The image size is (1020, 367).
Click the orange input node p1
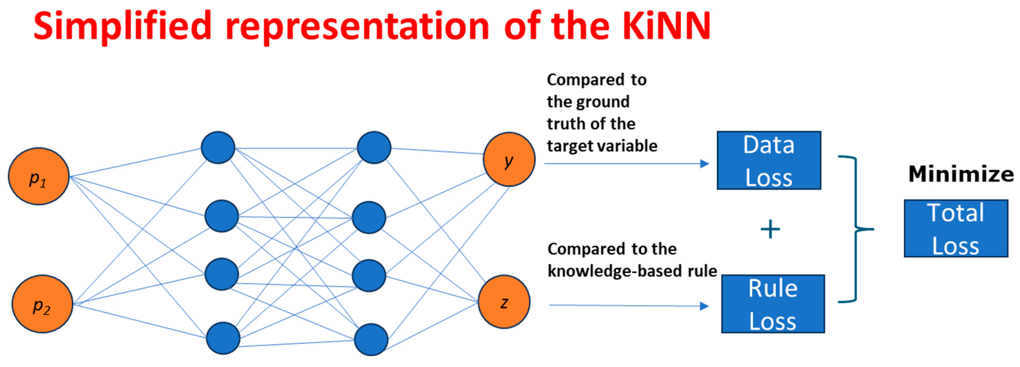pos(39,176)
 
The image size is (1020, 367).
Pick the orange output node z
pos(504,302)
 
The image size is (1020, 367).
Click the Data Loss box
pos(769,160)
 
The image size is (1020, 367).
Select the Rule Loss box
pos(773,304)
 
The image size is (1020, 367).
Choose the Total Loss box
pos(956,229)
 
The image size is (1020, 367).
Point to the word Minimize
pos(961,174)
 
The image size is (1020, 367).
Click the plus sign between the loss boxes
pos(770,229)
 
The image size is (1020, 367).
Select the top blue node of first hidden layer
pos(218,147)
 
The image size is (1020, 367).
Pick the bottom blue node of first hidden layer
pos(223,338)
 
